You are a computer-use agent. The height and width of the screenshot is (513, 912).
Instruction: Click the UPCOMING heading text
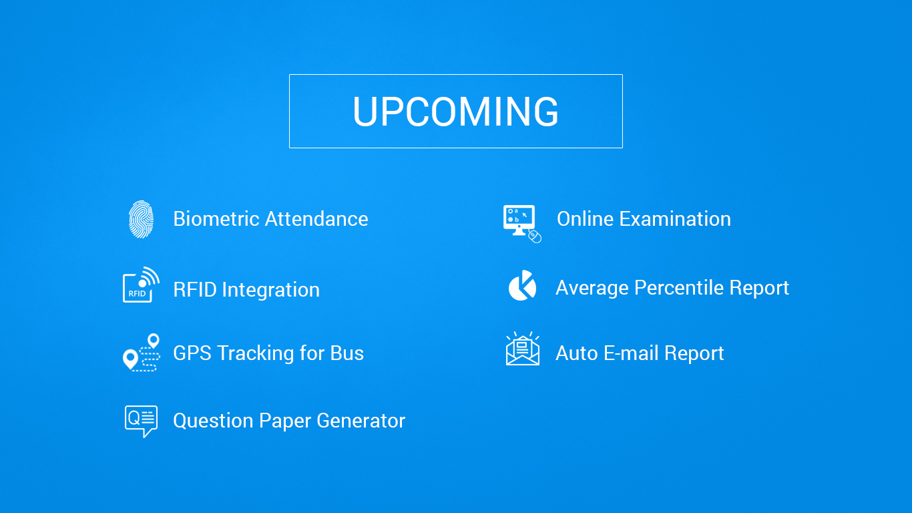tap(455, 112)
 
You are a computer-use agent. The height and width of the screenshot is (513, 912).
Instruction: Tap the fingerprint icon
tap(141, 219)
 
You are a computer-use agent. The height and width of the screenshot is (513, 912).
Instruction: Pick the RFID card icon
tap(141, 285)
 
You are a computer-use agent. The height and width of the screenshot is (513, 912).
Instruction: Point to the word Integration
tap(270, 290)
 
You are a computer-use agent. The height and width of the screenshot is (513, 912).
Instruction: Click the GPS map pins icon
tap(142, 353)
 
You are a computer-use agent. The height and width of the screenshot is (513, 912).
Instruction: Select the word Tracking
tap(256, 353)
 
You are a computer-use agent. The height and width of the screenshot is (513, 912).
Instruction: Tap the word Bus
tap(347, 353)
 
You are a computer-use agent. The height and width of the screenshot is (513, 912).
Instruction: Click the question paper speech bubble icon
tap(141, 421)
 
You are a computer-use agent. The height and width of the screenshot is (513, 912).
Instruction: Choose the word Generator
tap(361, 421)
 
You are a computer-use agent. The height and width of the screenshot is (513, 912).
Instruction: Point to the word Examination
tap(675, 219)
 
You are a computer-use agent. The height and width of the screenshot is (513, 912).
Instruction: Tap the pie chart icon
tap(522, 286)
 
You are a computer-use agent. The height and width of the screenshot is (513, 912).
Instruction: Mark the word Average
tap(592, 288)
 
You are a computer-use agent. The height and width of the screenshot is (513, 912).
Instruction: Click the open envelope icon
tap(522, 350)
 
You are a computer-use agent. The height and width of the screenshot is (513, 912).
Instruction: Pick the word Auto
tap(576, 353)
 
